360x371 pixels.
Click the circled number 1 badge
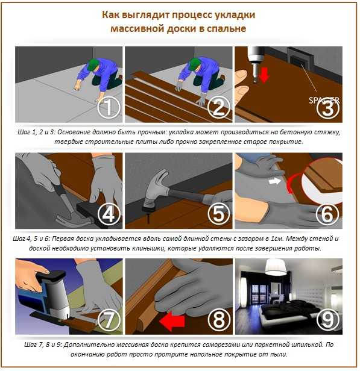pyautogui.click(x=109, y=107)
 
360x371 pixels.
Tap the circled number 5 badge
pyautogui.click(x=219, y=214)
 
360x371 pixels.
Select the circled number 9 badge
pyautogui.click(x=328, y=320)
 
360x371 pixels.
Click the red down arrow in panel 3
pyautogui.click(x=264, y=75)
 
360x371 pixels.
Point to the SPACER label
pyautogui.click(x=324, y=101)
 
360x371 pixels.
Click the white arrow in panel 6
pyautogui.click(x=275, y=181)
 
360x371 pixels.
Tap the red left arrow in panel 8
pyautogui.click(x=172, y=322)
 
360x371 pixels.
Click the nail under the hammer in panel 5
pyautogui.click(x=148, y=217)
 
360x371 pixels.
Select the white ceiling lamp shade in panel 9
pyautogui.click(x=276, y=267)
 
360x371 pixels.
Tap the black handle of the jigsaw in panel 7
pyautogui.click(x=52, y=276)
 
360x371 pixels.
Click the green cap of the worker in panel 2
pyautogui.click(x=194, y=64)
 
